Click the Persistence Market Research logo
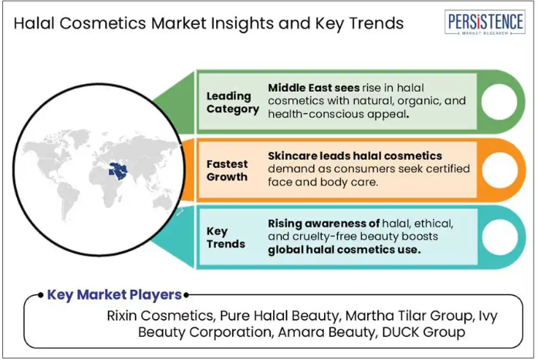point(485,22)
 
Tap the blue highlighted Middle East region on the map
point(118,171)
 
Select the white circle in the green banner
point(499,102)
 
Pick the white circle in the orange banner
point(500,170)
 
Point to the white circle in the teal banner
point(500,237)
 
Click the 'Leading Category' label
point(232,103)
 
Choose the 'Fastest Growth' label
point(227,170)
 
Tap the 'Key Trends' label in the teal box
point(226,237)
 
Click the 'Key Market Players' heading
point(114,294)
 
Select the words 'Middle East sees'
point(314,88)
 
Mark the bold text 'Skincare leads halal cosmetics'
point(355,156)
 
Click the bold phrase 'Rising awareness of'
point(323,224)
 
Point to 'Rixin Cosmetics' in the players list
point(160,315)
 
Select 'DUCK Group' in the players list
point(424,332)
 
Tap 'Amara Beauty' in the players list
point(326,332)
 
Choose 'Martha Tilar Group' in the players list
point(408,315)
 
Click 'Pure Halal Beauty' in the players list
point(280,315)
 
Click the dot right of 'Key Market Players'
point(186,294)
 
